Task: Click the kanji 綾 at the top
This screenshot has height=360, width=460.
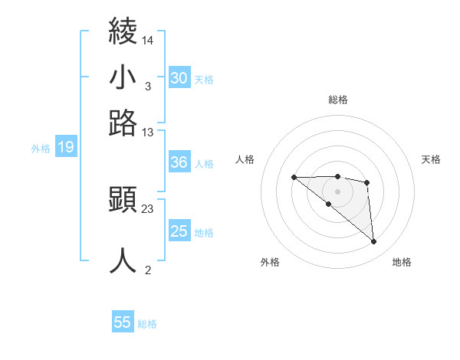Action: [123, 32]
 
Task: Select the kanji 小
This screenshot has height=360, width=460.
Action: [123, 77]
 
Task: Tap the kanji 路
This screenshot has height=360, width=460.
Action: [123, 123]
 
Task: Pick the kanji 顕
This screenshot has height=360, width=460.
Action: [123, 200]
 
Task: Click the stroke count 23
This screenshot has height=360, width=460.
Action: [148, 208]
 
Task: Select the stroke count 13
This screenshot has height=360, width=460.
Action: [148, 132]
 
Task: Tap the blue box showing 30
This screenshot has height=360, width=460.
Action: [179, 77]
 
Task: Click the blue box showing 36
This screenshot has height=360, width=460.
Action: [179, 162]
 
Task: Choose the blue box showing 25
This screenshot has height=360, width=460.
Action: [179, 231]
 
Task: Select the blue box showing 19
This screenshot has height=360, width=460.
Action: [66, 148]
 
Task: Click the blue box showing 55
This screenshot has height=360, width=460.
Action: [123, 322]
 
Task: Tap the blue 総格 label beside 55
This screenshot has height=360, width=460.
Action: [147, 324]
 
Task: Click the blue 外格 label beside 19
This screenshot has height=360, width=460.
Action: [41, 149]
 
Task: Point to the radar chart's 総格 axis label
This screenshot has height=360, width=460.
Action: [338, 100]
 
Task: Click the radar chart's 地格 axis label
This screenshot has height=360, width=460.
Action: [402, 262]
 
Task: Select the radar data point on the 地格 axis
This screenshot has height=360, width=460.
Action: [374, 242]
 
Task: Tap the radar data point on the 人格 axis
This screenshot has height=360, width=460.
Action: [294, 178]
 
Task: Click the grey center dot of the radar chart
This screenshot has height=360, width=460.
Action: [338, 191]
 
